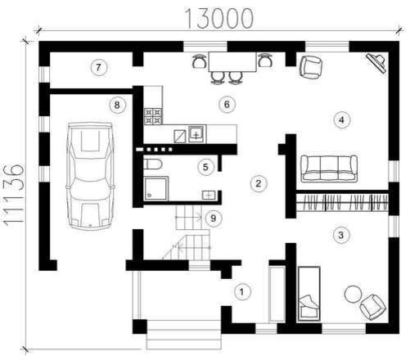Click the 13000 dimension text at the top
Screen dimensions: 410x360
(219, 19)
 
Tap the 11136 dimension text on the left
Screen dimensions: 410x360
(14, 194)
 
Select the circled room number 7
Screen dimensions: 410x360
(98, 67)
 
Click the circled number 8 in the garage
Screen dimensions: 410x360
(117, 105)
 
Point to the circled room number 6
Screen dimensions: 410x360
(227, 105)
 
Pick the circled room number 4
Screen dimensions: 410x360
(341, 119)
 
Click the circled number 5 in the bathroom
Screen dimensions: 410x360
(205, 167)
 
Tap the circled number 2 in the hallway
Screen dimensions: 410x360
(259, 183)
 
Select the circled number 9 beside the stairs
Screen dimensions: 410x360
(214, 218)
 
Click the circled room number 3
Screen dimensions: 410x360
(341, 235)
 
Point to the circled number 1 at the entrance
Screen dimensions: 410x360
(242, 292)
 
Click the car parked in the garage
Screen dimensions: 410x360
(90, 176)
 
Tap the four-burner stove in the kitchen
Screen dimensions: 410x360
(153, 116)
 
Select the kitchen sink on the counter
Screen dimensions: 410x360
(196, 134)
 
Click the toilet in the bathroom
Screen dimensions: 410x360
(153, 164)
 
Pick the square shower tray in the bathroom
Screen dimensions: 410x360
(156, 188)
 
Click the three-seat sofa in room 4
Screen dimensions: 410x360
(329, 169)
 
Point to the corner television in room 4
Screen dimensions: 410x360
(377, 63)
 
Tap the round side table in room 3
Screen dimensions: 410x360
(354, 294)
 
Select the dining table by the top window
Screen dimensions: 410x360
(232, 62)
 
